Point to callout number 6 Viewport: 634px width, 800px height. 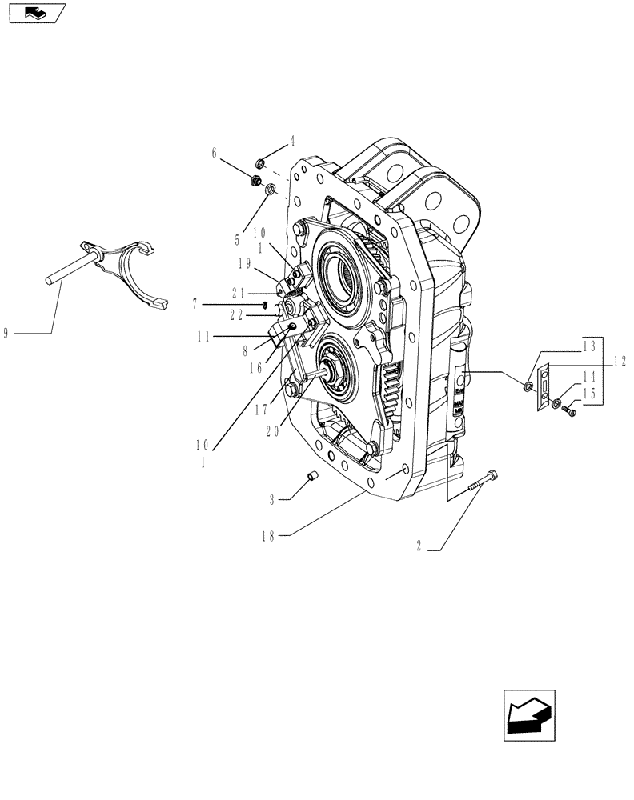pos(215,152)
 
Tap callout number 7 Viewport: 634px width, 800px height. pos(195,303)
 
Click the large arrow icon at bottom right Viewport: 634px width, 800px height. pos(528,714)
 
